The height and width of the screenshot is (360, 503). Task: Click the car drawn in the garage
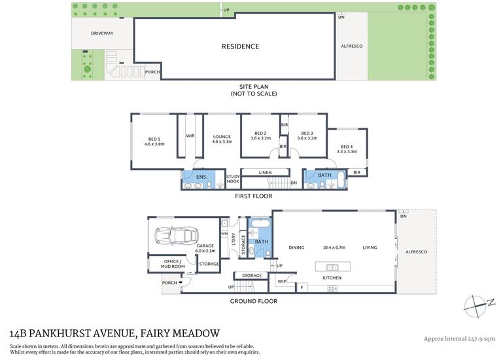pos(176,235)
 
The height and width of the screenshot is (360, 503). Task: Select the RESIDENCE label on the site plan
pos(240,46)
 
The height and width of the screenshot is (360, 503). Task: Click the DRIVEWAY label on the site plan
pos(102,33)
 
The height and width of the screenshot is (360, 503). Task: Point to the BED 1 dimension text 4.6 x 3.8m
pos(154,144)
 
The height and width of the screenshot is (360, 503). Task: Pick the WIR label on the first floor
pos(190,136)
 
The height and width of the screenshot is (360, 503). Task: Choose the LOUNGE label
pos(222,137)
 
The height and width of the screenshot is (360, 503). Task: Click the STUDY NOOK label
pos(234,179)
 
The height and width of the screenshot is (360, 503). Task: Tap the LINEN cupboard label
pos(266,172)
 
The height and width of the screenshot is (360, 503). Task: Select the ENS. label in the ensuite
pos(201,177)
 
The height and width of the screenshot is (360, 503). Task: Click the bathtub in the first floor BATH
pos(341,180)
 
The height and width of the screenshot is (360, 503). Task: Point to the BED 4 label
pos(347,147)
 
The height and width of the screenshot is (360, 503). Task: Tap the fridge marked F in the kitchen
pos(302,288)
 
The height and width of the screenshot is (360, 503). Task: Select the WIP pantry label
pos(282,281)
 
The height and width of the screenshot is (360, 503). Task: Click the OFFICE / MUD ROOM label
pos(173,264)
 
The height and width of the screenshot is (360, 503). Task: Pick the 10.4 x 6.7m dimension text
pos(334,247)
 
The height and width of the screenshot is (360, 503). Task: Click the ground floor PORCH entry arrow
pos(181,283)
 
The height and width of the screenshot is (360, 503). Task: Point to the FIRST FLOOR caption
pos(253,196)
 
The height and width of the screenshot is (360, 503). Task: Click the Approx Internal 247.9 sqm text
pos(459,339)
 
